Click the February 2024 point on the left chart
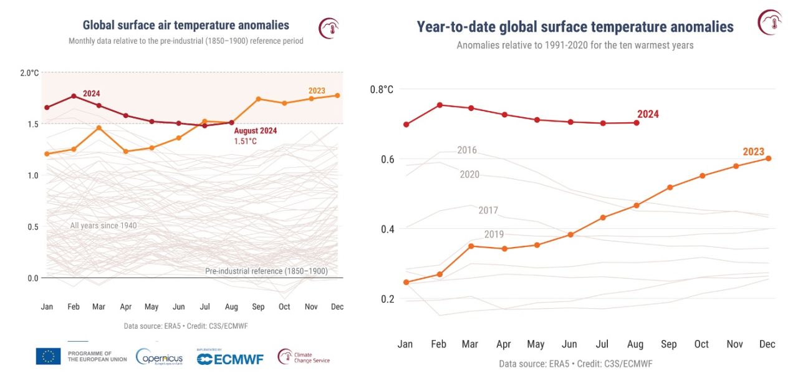74,96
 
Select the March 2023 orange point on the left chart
99,127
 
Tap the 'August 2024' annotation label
256,131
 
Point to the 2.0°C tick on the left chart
29,73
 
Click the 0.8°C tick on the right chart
382,90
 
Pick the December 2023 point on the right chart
768,158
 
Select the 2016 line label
467,150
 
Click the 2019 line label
494,235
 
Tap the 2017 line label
488,210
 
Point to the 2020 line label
469,175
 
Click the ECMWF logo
230,358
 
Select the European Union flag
48,356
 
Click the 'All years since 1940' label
103,226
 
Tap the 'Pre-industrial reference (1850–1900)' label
266,271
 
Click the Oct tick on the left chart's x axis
284,307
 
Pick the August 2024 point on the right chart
637,123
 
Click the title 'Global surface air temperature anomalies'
186,26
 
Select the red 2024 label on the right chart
648,114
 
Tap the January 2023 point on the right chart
406,282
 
